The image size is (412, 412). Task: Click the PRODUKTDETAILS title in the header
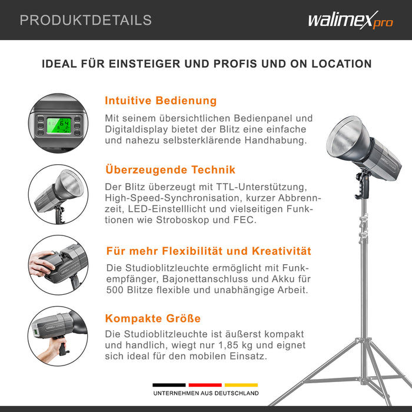point(86,20)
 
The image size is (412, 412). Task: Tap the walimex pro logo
point(351,20)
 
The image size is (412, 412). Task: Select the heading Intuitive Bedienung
point(161,101)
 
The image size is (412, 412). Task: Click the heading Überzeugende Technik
point(170,170)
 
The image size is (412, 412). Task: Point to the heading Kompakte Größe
point(153,318)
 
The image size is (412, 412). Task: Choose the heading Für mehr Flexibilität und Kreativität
point(208,251)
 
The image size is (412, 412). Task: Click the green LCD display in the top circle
point(59,125)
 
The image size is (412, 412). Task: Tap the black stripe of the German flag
point(169,385)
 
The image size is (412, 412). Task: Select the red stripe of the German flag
point(205,385)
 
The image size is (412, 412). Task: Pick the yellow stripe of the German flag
point(241,385)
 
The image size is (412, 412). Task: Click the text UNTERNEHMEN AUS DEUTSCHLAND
point(206,393)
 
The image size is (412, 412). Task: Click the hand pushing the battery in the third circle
point(41,264)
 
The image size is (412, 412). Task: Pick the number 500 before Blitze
point(115,290)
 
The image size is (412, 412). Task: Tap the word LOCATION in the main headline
point(341,64)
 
